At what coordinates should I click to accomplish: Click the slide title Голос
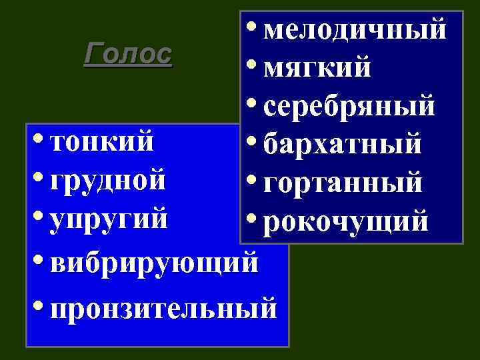point(128,54)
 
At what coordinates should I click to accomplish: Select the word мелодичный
point(354,29)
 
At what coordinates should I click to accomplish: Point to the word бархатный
point(343,143)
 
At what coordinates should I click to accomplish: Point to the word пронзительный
point(163,309)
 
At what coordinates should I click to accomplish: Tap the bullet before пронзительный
point(39,305)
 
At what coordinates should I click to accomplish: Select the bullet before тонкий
point(39,139)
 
